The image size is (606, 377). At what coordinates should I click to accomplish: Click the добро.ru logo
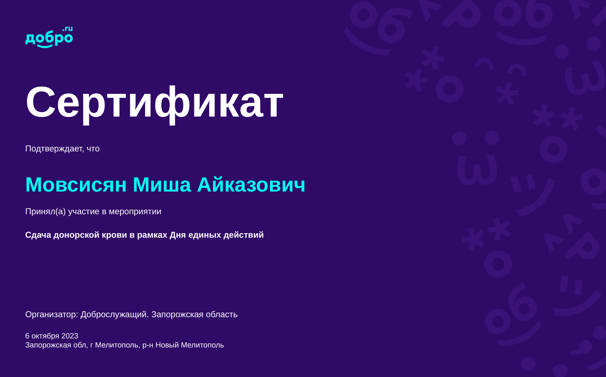[x=49, y=37]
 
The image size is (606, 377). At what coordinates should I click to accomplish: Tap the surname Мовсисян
[x=76, y=185]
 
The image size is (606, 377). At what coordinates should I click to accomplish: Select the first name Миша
[x=162, y=185]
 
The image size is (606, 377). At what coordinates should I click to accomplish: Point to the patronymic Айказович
[x=251, y=185]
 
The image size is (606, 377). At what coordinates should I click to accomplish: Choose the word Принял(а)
[x=45, y=212]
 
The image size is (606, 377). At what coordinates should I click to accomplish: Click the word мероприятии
[x=135, y=212]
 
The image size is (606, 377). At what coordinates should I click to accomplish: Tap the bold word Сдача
[x=38, y=235]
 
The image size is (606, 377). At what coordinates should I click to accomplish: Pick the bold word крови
[x=114, y=235]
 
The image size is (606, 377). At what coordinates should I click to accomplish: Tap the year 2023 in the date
[x=70, y=336]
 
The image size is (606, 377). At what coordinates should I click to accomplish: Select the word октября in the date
[x=45, y=336]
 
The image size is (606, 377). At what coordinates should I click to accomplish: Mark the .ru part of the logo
[x=68, y=29]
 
